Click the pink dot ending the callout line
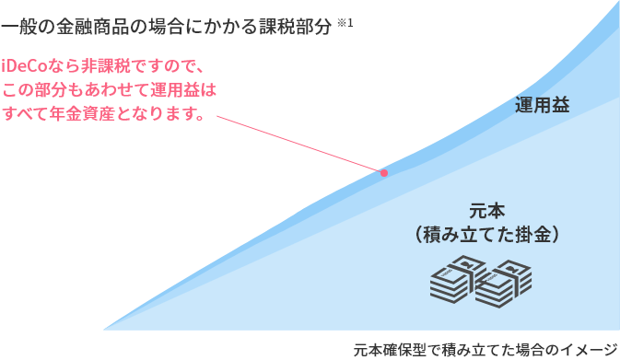click(384, 172)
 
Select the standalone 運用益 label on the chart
click(542, 106)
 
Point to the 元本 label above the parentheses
click(485, 209)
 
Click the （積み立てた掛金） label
click(485, 234)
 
